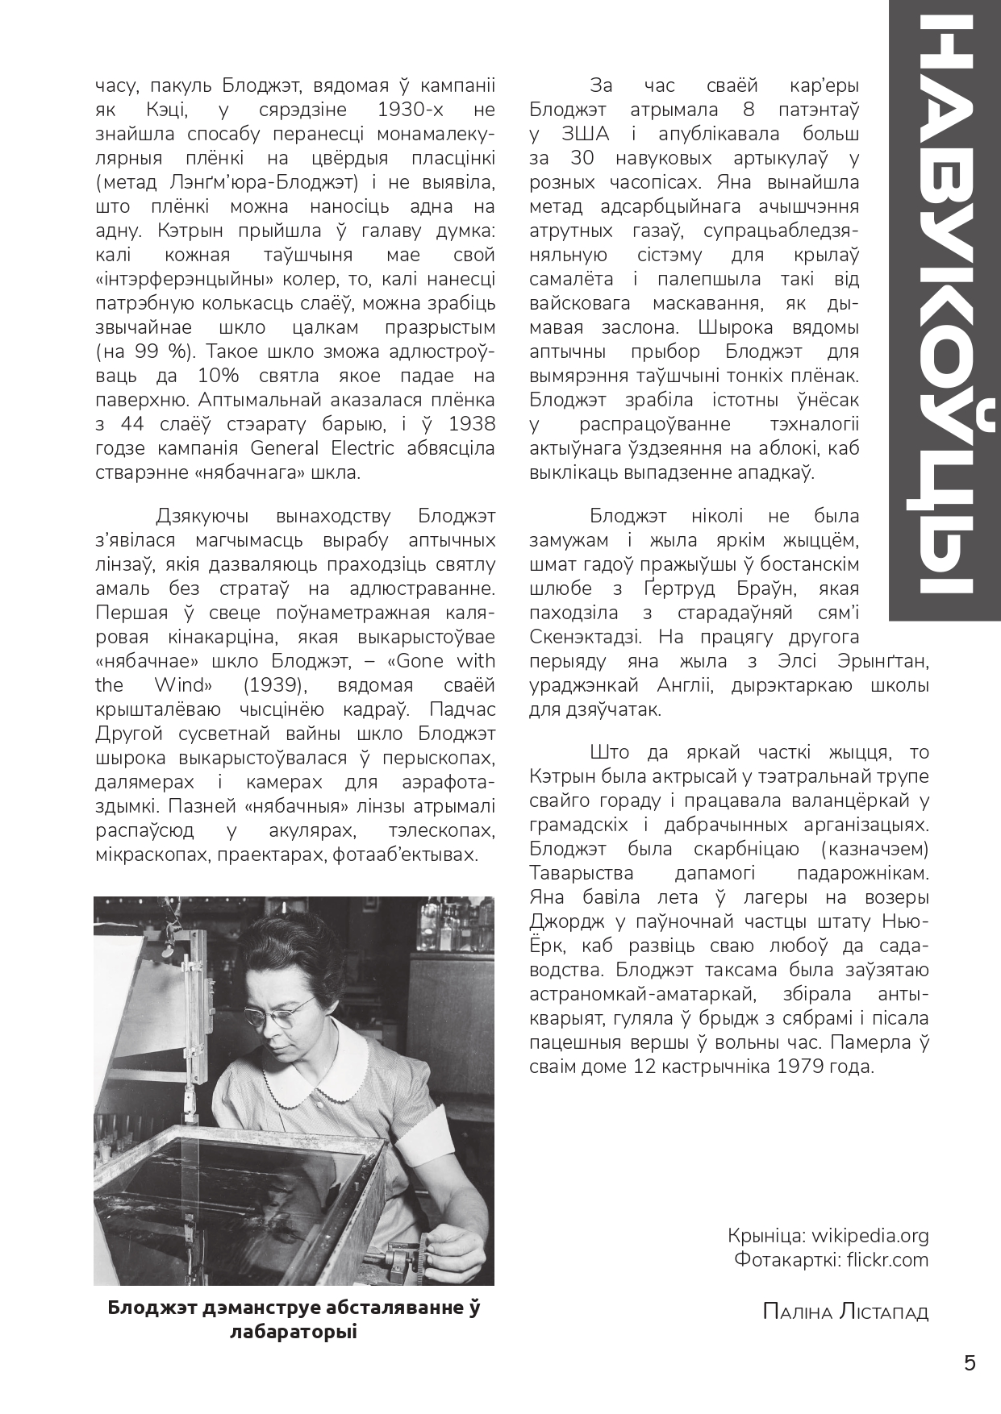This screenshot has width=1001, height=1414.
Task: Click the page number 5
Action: click(x=970, y=1362)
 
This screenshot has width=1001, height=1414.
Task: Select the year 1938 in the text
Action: click(x=472, y=424)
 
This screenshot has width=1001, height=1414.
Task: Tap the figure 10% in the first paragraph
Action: click(x=217, y=376)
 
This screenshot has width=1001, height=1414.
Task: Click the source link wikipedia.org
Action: click(x=870, y=1235)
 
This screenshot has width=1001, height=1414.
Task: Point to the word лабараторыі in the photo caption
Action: click(x=293, y=1332)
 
